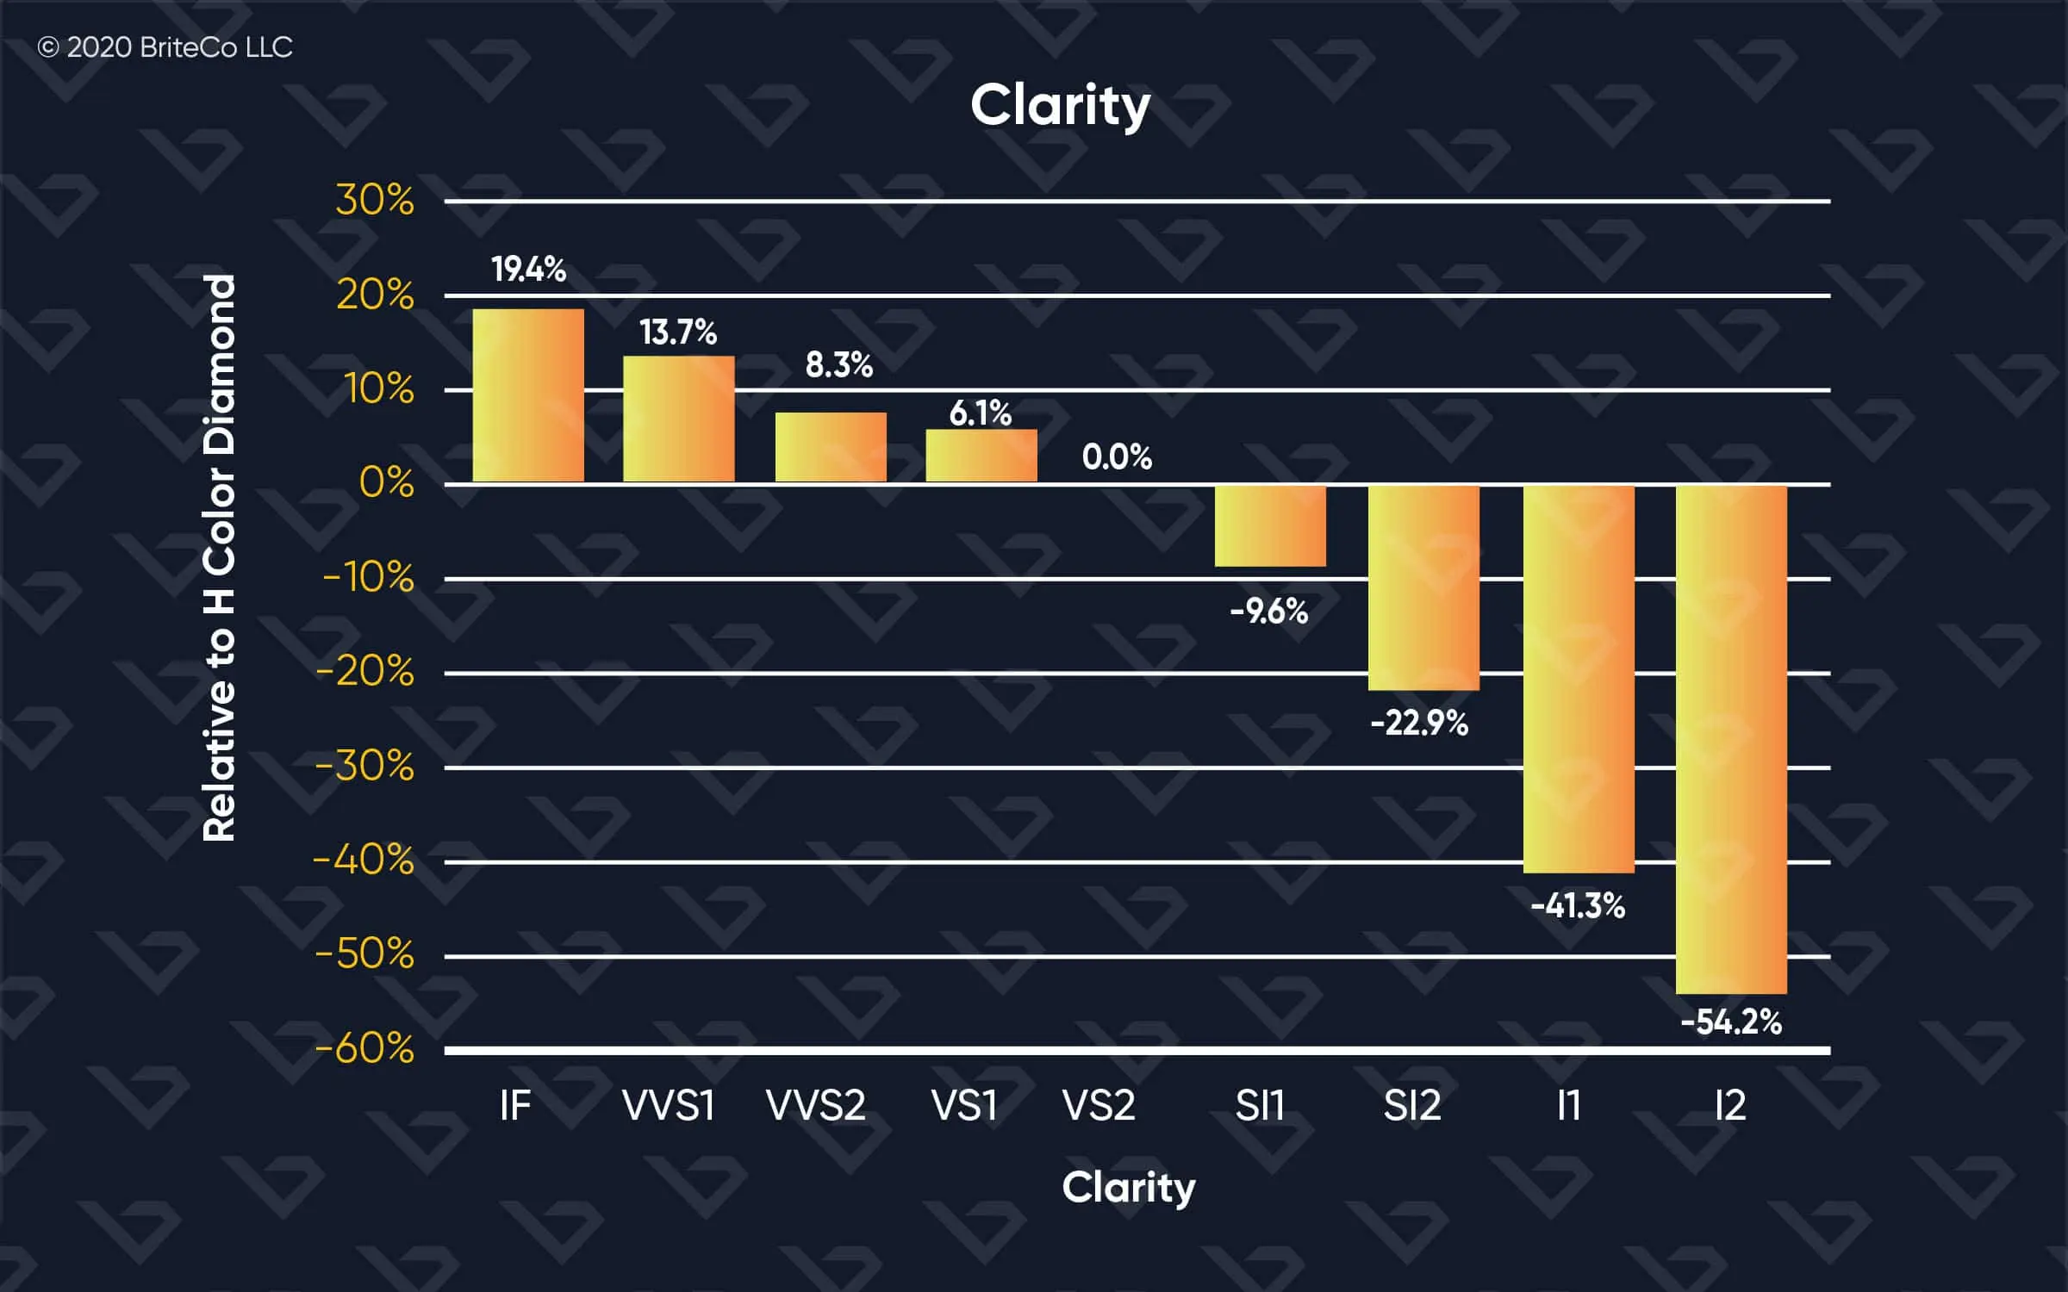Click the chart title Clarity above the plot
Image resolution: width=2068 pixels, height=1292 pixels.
click(x=1060, y=106)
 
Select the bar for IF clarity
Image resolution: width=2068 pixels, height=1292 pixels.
click(x=528, y=395)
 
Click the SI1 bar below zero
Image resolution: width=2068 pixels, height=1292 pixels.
click(x=1270, y=526)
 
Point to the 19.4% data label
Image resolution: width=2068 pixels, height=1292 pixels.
click(x=528, y=270)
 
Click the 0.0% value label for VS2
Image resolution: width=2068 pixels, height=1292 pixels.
click(x=1117, y=457)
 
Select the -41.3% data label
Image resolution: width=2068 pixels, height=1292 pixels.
click(x=1578, y=906)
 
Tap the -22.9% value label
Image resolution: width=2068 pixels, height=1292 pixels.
click(x=1419, y=724)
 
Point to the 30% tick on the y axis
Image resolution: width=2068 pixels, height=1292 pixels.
click(x=375, y=201)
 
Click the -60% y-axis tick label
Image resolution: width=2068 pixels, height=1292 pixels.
click(x=364, y=1049)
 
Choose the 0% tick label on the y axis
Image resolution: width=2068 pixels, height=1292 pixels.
click(x=386, y=483)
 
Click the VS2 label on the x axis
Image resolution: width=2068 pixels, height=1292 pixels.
click(x=1099, y=1105)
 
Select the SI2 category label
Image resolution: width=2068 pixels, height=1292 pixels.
click(x=1412, y=1105)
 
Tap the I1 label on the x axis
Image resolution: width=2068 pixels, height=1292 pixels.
click(x=1569, y=1105)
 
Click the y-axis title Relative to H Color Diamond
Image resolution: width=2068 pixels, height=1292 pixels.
click(x=219, y=558)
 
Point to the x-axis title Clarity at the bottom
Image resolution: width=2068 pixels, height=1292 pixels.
click(x=1128, y=1189)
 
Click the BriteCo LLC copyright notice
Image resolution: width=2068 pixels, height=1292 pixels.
click(x=165, y=47)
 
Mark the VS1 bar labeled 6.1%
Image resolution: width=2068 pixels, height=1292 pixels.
click(x=981, y=456)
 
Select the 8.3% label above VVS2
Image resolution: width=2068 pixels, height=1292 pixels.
click(x=838, y=365)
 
